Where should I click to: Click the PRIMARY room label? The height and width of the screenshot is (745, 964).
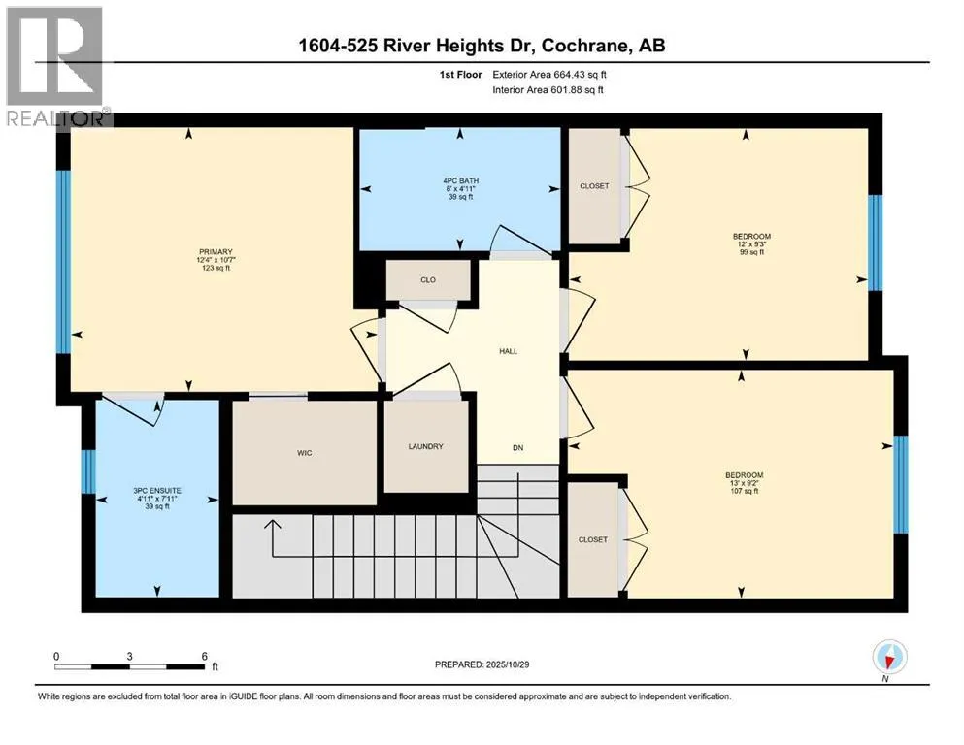coord(216,252)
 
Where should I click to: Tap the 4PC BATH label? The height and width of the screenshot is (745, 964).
coord(460,181)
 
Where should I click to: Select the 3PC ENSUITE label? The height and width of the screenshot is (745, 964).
coord(157,491)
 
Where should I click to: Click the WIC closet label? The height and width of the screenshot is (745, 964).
coord(304,453)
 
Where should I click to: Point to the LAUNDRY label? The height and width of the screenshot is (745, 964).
coord(425,446)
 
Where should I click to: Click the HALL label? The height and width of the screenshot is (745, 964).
coord(509,351)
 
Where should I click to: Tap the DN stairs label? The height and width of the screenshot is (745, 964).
coord(518,448)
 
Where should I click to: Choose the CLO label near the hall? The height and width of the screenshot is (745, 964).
coord(428,280)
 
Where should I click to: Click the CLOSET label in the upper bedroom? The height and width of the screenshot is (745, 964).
coord(594,186)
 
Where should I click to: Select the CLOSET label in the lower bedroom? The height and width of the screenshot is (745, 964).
coord(592,540)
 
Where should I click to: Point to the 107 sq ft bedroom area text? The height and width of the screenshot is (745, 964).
coord(744,492)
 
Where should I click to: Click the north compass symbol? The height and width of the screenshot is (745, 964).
coord(889,657)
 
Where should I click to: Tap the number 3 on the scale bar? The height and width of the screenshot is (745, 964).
coord(129,657)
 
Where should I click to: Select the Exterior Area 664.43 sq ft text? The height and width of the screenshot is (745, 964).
coord(549,75)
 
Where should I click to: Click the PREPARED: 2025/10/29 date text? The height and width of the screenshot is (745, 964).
coord(482,664)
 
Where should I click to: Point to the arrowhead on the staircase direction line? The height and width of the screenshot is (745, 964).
coord(273,524)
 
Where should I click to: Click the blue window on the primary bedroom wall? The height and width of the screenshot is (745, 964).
coord(63,262)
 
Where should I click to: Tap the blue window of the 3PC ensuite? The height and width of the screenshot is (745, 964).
coord(88,471)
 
